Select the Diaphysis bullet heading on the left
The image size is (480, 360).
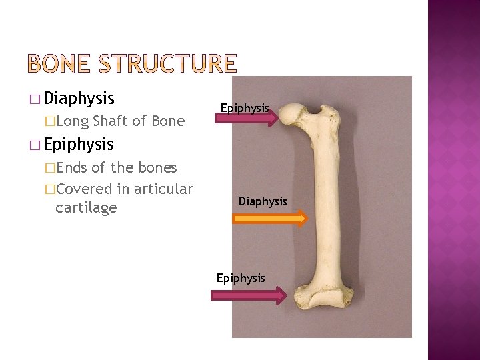[79, 99]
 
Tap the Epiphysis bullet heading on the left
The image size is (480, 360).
[79, 144]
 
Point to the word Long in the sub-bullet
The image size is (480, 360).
[74, 121]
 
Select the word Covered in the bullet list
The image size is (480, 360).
[85, 189]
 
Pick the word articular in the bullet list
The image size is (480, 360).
[163, 189]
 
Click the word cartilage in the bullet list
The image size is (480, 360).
[86, 207]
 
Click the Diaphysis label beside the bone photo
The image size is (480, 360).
[263, 201]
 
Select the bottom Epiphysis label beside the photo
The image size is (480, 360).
[241, 277]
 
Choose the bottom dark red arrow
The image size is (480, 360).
[249, 295]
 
